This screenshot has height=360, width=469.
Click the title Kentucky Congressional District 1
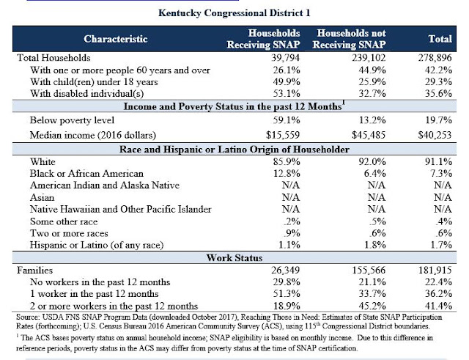click(234, 12)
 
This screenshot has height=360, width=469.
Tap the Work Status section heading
click(234, 259)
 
